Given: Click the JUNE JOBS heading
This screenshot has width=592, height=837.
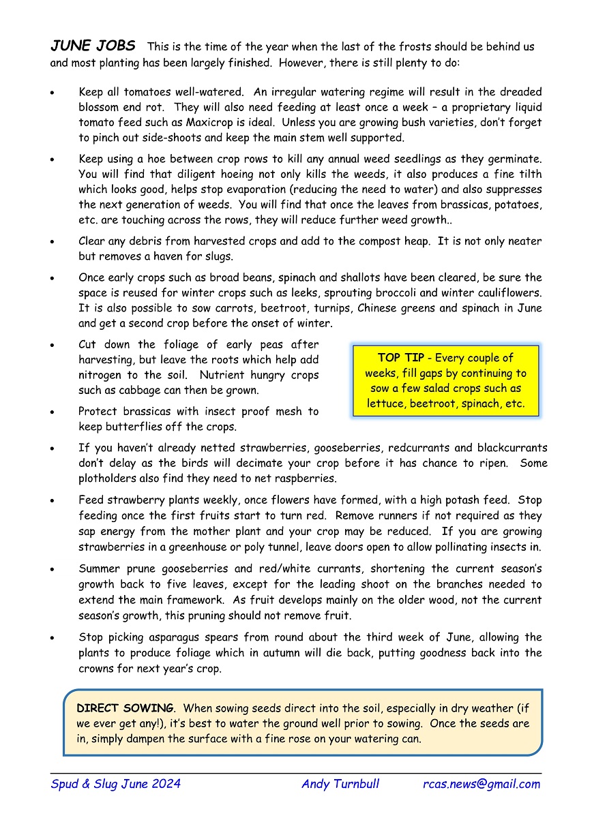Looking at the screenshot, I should coord(93,46).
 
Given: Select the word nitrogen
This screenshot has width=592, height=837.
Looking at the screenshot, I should coord(100,376).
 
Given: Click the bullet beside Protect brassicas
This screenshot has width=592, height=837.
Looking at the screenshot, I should coord(53,412).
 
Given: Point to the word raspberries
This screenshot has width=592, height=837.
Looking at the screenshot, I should coord(304,478).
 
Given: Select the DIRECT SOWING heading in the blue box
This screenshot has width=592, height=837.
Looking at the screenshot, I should coord(125,708).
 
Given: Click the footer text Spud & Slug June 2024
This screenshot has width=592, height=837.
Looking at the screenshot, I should coord(115,784).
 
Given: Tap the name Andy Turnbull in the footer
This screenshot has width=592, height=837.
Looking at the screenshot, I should coord(340,784).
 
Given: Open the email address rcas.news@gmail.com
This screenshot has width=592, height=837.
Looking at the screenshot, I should coord(482,784).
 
